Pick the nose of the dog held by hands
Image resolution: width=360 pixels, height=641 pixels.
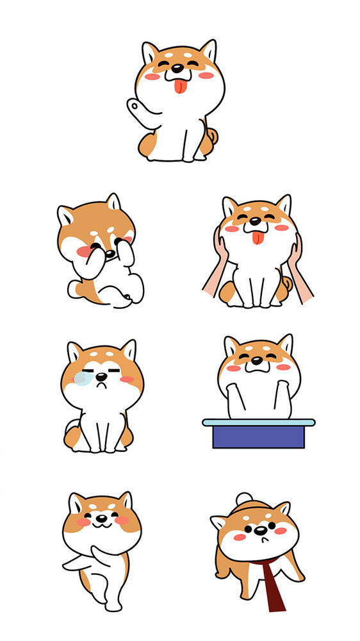tap(257, 229)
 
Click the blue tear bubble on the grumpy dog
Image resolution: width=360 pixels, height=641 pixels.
tap(81, 378)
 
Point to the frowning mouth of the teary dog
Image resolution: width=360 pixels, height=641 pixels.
tap(101, 387)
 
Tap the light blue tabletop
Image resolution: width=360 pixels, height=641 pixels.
tap(258, 422)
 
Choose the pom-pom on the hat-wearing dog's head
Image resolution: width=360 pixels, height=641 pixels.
tap(244, 499)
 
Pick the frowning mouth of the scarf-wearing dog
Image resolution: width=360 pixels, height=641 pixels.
tap(259, 540)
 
